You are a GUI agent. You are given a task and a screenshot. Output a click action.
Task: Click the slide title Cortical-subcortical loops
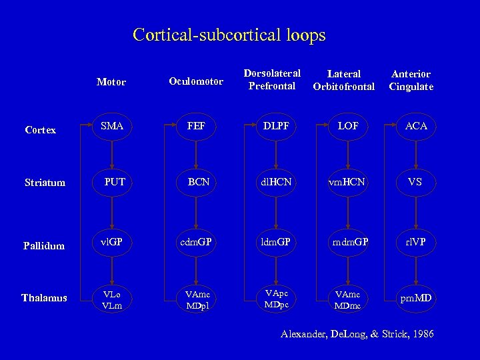click(229, 35)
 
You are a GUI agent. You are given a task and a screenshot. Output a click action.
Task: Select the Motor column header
click(111, 82)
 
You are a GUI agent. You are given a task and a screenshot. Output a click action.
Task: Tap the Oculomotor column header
click(195, 81)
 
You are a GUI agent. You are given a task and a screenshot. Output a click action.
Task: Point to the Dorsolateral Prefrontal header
click(272, 79)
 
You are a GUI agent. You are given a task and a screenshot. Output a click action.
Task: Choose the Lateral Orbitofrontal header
click(344, 80)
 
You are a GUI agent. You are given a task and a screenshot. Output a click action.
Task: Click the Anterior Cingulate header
click(411, 80)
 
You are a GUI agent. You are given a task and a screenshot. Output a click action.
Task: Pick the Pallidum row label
click(43, 246)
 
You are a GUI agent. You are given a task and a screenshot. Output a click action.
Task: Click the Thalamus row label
click(44, 298)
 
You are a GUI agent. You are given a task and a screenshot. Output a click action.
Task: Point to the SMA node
click(112, 125)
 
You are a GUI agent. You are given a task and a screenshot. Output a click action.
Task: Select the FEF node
click(196, 125)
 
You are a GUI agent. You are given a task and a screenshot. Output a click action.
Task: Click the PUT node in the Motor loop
click(115, 181)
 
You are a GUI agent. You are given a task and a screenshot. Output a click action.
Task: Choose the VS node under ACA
click(415, 181)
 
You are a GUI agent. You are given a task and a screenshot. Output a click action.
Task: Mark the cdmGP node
click(195, 242)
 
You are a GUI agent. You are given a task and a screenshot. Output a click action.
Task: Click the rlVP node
click(415, 242)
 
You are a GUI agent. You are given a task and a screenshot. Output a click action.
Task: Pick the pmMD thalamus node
click(415, 297)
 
